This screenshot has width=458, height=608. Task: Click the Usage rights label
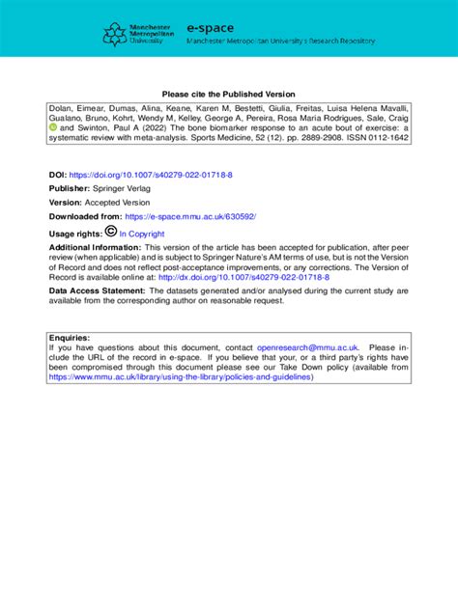(73, 234)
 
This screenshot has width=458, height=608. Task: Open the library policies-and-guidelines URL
(181, 377)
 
